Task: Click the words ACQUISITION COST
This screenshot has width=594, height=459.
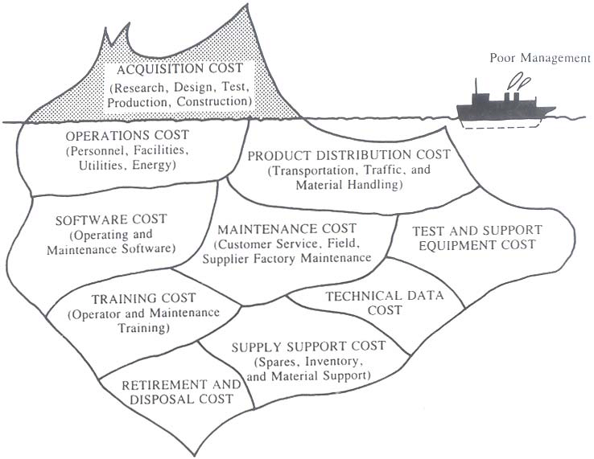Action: click(179, 69)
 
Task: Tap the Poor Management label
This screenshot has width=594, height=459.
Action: click(540, 58)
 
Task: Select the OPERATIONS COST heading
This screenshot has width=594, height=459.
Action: click(127, 136)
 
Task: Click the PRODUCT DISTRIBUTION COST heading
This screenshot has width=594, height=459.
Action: click(349, 155)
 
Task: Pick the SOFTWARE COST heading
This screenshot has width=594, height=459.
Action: click(111, 219)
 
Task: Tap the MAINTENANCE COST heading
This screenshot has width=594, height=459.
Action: click(287, 229)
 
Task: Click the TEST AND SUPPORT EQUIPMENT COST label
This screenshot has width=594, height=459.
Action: click(477, 237)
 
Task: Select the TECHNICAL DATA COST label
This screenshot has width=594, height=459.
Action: click(385, 303)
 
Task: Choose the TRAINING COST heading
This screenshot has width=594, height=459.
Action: click(143, 298)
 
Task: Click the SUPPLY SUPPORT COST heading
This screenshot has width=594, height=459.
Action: click(308, 346)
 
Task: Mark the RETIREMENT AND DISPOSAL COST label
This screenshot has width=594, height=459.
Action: click(181, 391)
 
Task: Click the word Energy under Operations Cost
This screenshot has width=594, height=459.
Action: click(154, 166)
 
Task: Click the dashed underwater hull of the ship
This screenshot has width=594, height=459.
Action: click(499, 125)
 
